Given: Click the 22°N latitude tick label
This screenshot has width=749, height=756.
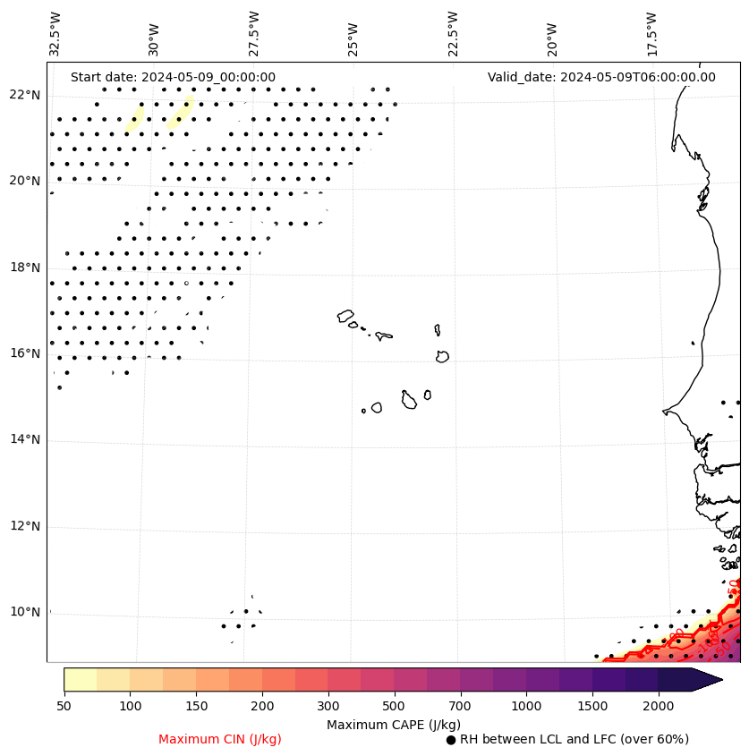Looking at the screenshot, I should point(24,95).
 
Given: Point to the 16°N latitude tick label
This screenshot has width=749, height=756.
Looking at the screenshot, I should point(24,353).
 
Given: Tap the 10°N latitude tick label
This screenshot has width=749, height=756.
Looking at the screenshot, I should point(24,612).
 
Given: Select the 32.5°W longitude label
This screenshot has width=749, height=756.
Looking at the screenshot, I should point(55,34).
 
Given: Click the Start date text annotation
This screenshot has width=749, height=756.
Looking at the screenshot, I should point(173,77).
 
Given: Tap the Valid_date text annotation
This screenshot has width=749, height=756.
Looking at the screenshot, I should point(601,77).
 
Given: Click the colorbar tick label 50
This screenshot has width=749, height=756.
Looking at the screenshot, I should point(64,707).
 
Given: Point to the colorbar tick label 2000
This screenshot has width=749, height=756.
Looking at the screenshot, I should point(658,707).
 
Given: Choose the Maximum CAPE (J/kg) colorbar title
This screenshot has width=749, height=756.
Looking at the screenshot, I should point(393,724).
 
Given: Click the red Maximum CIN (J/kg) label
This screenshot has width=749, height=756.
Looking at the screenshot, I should point(220,739).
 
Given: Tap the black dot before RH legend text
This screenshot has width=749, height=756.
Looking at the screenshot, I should point(451,740).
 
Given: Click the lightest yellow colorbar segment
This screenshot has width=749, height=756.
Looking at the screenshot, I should point(81,679).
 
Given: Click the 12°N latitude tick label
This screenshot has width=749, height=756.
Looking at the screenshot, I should point(24,526).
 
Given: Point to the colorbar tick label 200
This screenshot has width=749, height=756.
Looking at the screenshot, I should point(262,707).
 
